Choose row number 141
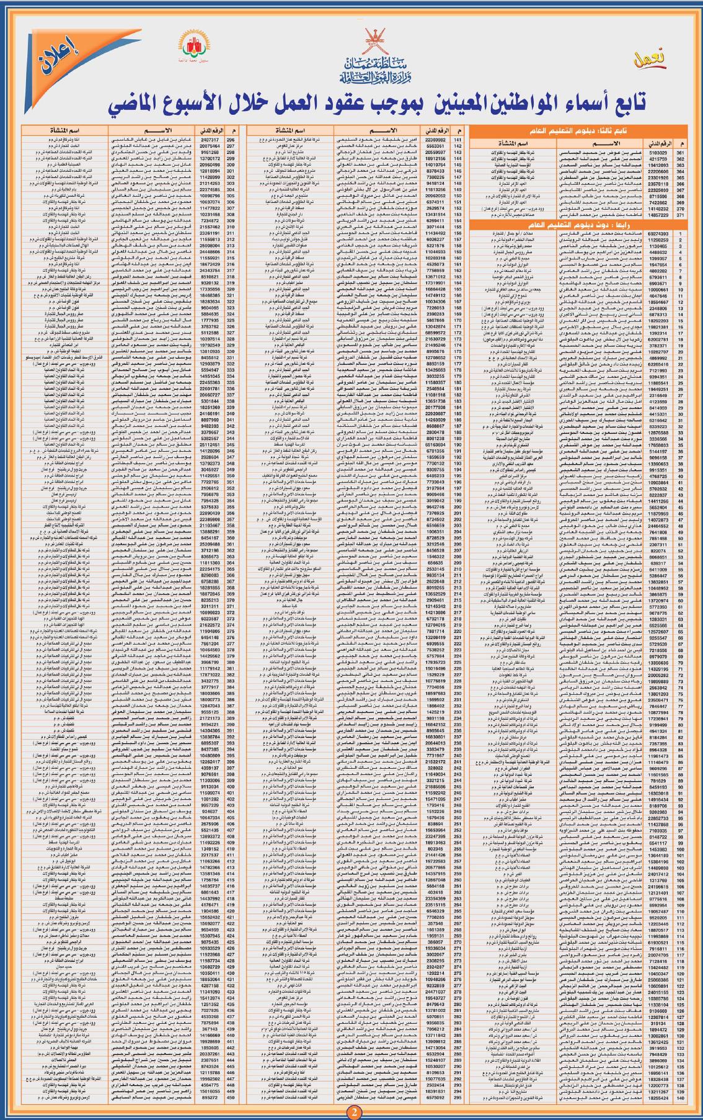[x=458, y=140]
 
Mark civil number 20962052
[x=436, y=195]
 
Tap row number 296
[x=232, y=140]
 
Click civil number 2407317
[x=210, y=140]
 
